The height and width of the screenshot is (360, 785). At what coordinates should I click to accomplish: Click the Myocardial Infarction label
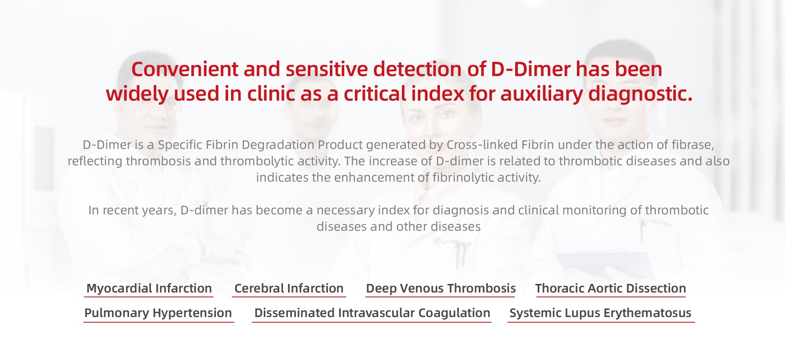pos(149,288)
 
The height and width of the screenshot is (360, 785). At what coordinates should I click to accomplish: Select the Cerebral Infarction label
pos(289,288)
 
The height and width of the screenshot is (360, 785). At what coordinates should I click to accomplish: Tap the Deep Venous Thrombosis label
pos(441,288)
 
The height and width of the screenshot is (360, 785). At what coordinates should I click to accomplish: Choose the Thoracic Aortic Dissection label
pos(610,288)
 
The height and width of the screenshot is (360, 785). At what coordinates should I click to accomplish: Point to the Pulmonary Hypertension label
pos(158,313)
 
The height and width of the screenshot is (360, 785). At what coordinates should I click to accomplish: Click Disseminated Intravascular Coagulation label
pos(372,313)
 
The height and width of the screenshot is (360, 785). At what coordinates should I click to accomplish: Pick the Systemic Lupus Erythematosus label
pos(600,313)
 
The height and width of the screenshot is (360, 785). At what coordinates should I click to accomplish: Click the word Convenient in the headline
pos(185,69)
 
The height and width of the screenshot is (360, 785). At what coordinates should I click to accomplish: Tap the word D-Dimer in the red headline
pos(531,69)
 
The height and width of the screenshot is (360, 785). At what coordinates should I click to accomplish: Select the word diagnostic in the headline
pos(640,94)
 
